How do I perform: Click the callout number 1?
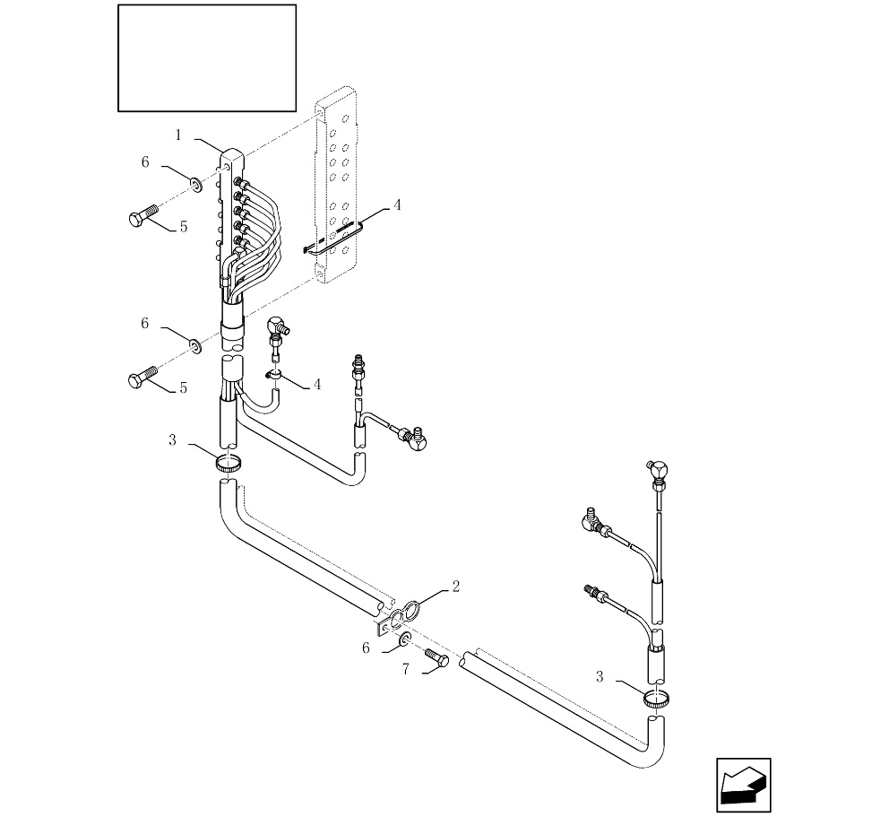[x=178, y=135]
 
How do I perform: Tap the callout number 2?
[x=455, y=587]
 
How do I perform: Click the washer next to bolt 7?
[x=405, y=638]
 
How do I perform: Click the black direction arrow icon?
[x=743, y=785]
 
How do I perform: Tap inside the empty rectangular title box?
[x=207, y=58]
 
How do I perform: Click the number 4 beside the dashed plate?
[x=397, y=204]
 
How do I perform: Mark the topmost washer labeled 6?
[x=195, y=185]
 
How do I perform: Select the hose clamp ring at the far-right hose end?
[x=657, y=698]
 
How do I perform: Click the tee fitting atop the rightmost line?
[x=657, y=470]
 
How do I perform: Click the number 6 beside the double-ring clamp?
[x=365, y=647]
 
